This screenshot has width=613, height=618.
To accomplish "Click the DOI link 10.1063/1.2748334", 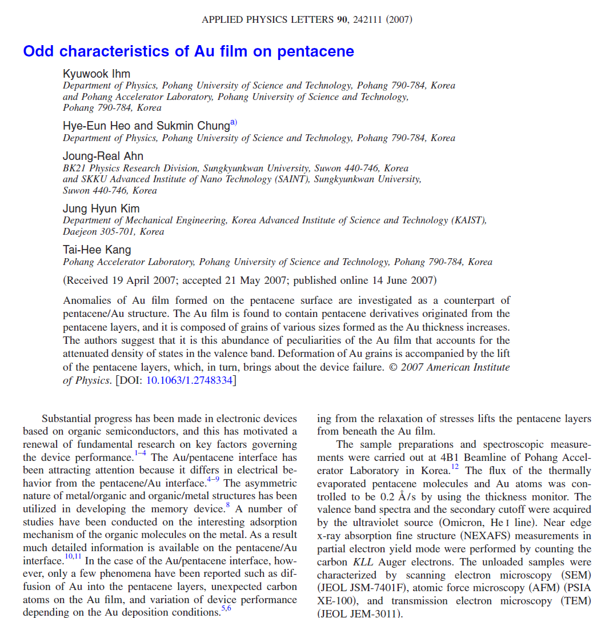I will point(189,380).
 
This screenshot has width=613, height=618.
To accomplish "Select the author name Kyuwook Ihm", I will point(97,74).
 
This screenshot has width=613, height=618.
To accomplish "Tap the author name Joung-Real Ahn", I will point(103,156).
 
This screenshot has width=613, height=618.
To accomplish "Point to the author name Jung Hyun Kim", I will point(101,208).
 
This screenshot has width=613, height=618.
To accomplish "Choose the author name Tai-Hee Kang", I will point(97,250).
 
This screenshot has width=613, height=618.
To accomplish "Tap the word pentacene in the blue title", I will point(315,51).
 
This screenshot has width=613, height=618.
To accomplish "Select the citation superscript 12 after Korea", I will point(454,467).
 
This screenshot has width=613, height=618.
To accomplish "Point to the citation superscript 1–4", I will point(140,454).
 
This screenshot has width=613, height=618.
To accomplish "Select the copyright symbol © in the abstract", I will point(393,367).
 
